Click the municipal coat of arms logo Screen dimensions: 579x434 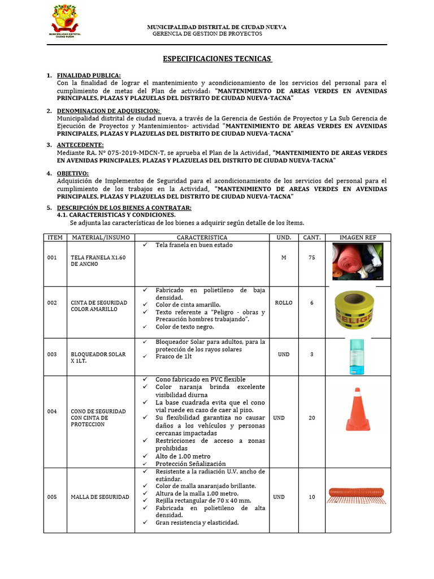pos(66,21)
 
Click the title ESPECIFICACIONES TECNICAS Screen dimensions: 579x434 pos(217,59)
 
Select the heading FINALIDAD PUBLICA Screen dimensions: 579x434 pos(89,76)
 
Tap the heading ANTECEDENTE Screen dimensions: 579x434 pos(80,145)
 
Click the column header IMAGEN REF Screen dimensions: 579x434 pos(358,237)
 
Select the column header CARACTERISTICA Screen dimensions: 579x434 pos(202,237)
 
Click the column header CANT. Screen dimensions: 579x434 pos(312,237)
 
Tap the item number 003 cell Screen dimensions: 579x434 pos(52,355)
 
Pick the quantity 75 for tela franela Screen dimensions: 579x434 pos(312,257)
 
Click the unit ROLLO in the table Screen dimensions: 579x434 pos(283,303)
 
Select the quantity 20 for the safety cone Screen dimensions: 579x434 pos(312,418)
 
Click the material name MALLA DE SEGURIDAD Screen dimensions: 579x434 pos(99,497)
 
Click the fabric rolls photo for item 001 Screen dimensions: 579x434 pos(357,261)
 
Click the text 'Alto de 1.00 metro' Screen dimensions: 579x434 pos(183,456)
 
